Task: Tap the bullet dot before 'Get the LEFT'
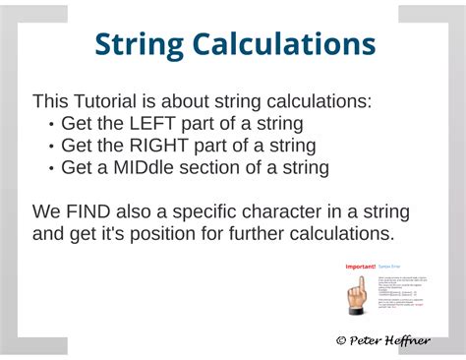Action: click(51, 125)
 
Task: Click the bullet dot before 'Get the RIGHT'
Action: click(51, 147)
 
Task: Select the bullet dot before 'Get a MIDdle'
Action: click(51, 168)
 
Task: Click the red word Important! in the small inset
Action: click(360, 267)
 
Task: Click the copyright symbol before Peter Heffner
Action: click(341, 339)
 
